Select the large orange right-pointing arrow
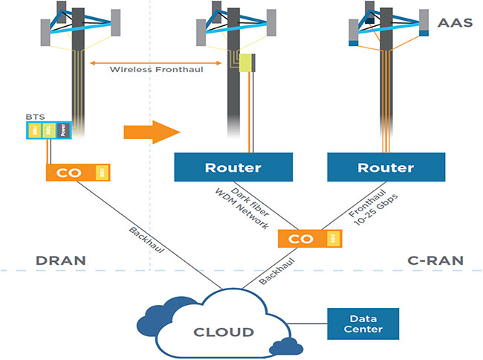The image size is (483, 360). tap(152, 132)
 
